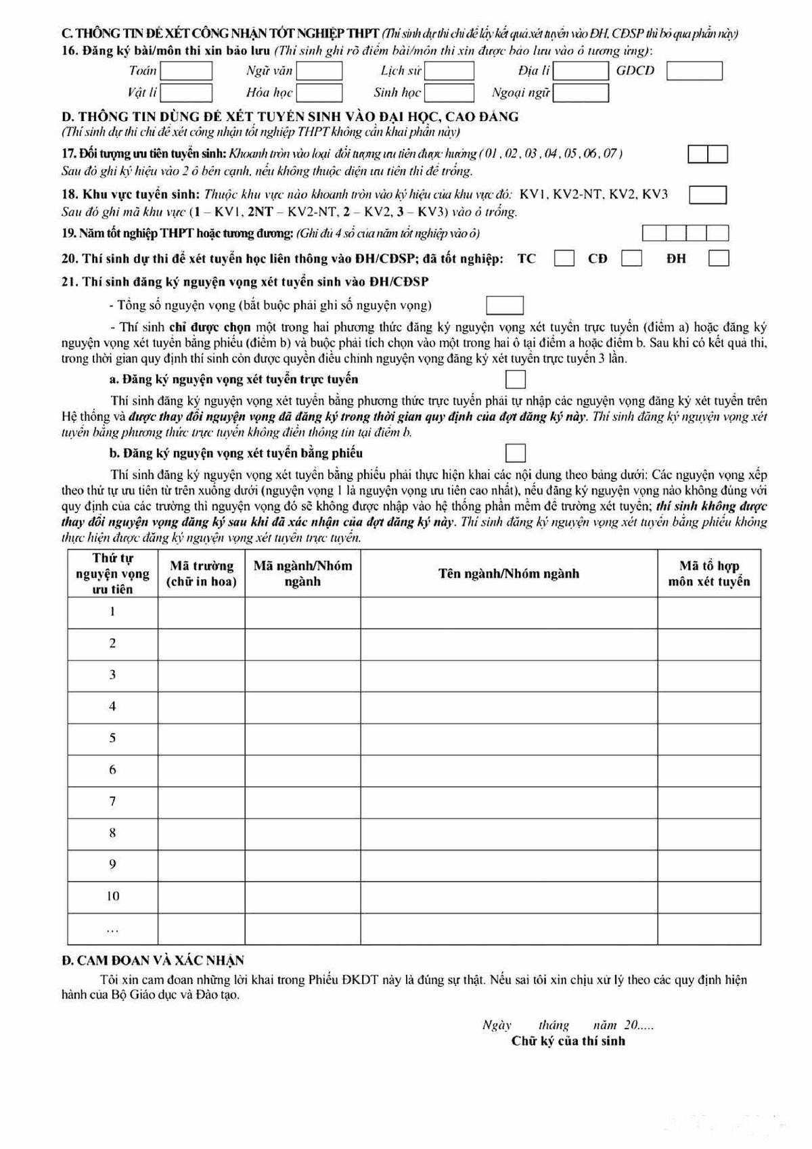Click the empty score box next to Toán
(x=186, y=71)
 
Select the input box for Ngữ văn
(x=319, y=71)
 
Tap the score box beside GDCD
(x=694, y=71)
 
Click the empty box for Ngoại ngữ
(x=581, y=93)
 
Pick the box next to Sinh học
(x=449, y=93)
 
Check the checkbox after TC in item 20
(x=564, y=258)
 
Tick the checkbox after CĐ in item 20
(x=631, y=258)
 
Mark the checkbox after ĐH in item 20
(x=719, y=258)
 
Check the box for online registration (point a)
(x=516, y=379)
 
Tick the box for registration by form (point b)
(x=516, y=453)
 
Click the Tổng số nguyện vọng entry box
(x=505, y=305)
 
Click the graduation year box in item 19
(x=685, y=233)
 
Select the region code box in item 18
(x=708, y=195)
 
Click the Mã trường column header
(x=202, y=574)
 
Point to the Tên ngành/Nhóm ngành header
(x=509, y=574)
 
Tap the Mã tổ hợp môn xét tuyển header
(x=709, y=574)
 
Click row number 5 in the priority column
(x=113, y=738)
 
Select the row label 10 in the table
(x=113, y=897)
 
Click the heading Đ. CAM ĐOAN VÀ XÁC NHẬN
(x=153, y=960)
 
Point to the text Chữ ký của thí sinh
(x=568, y=1041)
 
